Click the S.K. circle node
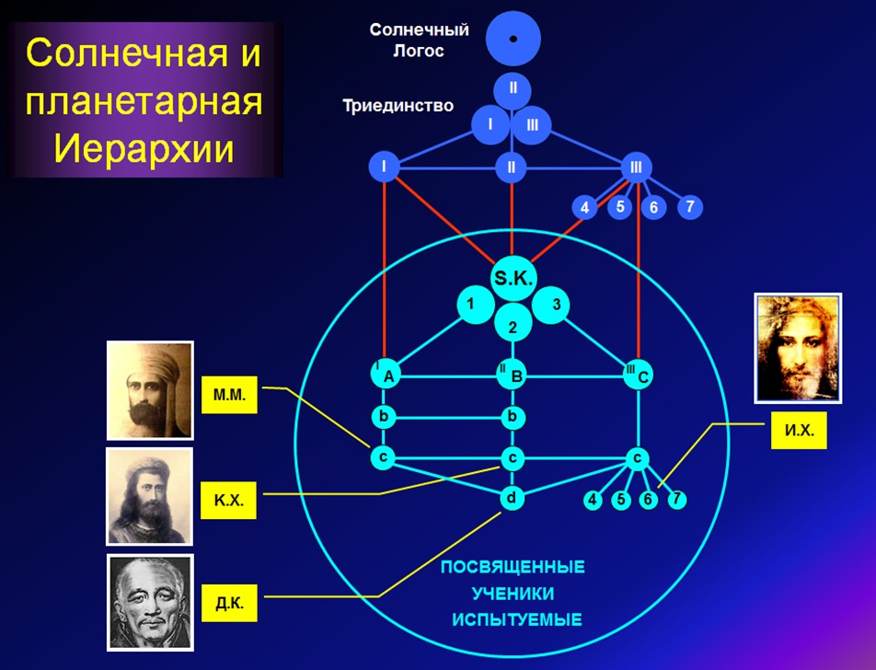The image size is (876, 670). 512,279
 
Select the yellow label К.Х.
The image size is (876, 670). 228,502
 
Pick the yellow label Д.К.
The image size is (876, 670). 228,605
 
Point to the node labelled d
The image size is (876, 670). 512,498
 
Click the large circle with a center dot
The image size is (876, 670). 513,38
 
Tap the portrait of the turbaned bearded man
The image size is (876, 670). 150,390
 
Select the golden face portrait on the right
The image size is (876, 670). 797,348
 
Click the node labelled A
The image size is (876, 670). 386,374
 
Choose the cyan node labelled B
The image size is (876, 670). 513,374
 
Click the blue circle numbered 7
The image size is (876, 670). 689,206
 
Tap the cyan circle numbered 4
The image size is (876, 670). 594,501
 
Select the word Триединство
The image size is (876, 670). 398,105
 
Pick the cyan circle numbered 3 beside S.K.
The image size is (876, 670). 555,305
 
